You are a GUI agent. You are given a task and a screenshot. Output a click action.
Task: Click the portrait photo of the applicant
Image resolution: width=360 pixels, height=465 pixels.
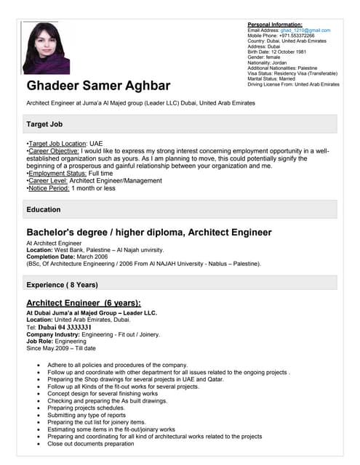pyautogui.click(x=47, y=49)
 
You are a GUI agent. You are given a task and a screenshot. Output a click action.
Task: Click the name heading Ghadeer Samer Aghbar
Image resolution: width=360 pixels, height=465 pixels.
pyautogui.click(x=108, y=86)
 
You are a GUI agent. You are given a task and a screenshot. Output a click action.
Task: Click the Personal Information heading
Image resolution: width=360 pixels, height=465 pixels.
pyautogui.click(x=275, y=25)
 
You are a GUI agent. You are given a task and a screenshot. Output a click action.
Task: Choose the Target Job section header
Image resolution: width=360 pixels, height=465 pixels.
pyautogui.click(x=48, y=124)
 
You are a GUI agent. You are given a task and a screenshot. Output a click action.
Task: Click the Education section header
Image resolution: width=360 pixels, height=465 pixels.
pyautogui.click(x=44, y=209)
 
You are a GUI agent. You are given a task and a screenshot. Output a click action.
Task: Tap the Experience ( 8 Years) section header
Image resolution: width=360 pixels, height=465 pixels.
pyautogui.click(x=62, y=284)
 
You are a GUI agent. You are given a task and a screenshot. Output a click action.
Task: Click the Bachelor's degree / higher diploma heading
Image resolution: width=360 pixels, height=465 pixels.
pyautogui.click(x=149, y=232)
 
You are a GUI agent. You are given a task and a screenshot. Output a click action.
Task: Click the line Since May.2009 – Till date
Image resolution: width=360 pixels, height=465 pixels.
pyautogui.click(x=60, y=348)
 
